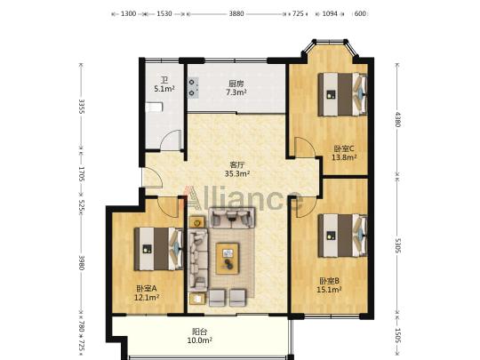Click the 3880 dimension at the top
click(236, 13)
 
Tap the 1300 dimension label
click(128, 13)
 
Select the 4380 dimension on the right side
click(397, 119)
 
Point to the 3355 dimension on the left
click(82, 107)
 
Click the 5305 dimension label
click(397, 246)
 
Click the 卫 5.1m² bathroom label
click(164, 84)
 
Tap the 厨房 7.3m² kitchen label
click(236, 87)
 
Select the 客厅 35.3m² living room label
click(237, 169)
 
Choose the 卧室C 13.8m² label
click(344, 153)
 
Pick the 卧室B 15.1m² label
click(330, 285)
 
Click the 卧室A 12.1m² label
click(147, 292)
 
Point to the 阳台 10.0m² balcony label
click(200, 335)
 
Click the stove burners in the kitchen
click(193, 87)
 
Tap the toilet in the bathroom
click(154, 108)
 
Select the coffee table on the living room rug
click(228, 259)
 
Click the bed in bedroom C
click(342, 94)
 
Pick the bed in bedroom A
click(158, 249)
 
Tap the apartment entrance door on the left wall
click(152, 178)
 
